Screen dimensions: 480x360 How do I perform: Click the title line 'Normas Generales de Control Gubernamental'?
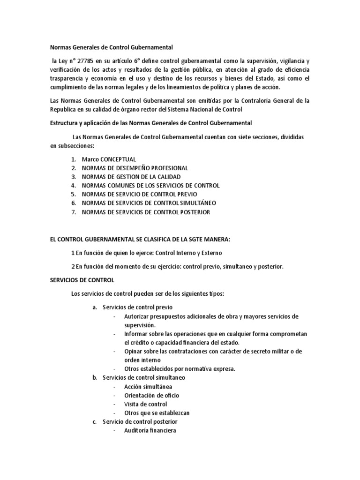point(112,47)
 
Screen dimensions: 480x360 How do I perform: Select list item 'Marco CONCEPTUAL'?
point(109,159)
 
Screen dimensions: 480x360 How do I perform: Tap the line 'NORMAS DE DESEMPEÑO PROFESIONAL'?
point(135,168)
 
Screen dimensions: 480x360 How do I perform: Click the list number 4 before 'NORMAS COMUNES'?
point(74,186)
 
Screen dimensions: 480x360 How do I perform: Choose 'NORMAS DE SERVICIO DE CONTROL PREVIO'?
point(139,194)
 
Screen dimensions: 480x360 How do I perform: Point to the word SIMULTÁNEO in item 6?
point(197,203)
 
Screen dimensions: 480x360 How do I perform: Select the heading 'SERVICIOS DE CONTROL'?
point(82,280)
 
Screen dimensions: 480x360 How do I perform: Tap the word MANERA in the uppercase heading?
point(215,240)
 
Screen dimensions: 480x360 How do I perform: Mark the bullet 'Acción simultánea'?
point(148,386)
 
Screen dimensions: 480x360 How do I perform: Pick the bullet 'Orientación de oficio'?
point(151,395)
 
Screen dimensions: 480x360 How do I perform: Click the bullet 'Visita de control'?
point(145,404)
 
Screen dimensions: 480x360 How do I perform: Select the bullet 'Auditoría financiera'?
point(150,430)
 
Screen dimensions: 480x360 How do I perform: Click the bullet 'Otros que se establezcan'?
point(157,413)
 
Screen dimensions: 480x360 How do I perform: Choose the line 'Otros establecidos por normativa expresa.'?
point(180,369)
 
